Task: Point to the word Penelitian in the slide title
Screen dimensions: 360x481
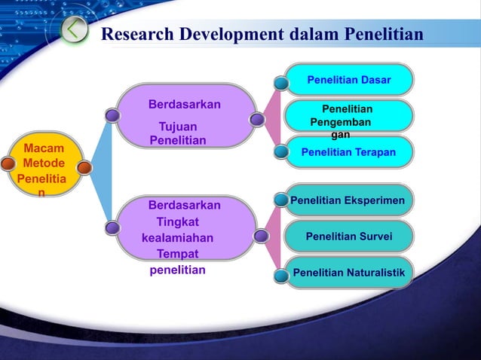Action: tap(384, 35)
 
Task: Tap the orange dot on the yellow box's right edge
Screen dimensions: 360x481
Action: tap(84, 167)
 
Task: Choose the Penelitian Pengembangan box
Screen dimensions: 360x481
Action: tap(348, 116)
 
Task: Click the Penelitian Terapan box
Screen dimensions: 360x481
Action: tap(348, 152)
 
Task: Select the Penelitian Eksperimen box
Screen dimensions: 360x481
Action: tap(348, 200)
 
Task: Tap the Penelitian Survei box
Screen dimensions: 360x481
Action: tap(348, 236)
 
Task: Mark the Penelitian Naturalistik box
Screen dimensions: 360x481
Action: tap(348, 272)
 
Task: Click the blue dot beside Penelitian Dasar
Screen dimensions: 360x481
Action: tap(280, 82)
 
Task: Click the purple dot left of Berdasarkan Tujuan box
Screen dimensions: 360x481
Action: tap(112, 116)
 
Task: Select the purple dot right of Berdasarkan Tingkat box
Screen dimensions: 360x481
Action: tap(261, 236)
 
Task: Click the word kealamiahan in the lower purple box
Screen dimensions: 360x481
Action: tap(177, 239)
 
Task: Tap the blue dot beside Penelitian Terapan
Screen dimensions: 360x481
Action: tap(280, 151)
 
